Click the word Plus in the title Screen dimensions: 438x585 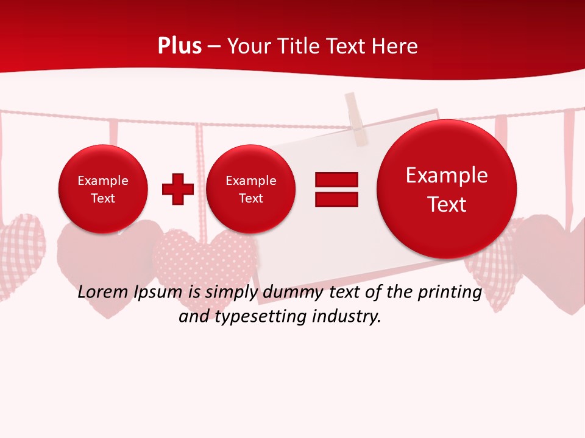[x=179, y=46]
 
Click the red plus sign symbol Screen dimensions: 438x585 [x=178, y=189]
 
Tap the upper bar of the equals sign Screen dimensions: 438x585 [x=336, y=179]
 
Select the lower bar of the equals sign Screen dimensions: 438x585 [x=336, y=200]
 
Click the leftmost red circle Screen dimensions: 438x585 [x=102, y=189]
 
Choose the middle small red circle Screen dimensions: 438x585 [x=250, y=189]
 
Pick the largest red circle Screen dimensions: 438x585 [x=447, y=189]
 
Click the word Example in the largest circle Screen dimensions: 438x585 [x=447, y=175]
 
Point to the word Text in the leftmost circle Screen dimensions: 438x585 [x=102, y=198]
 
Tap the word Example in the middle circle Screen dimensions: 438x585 [x=250, y=181]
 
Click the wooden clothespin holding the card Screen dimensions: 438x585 [x=356, y=119]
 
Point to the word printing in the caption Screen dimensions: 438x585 [x=449, y=293]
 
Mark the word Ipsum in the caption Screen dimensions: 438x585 [x=160, y=293]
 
